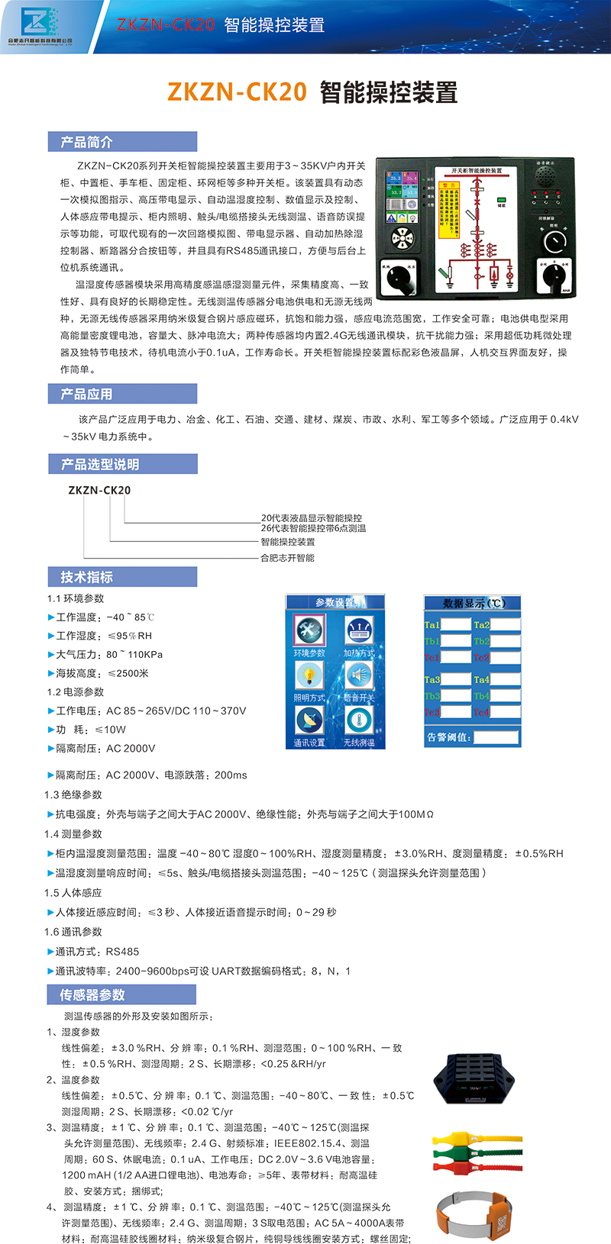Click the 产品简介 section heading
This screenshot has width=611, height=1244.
coord(87,142)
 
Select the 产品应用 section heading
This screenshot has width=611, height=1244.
coord(87,394)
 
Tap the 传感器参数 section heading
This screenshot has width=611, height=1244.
coord(92,995)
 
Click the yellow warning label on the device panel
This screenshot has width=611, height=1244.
coord(450,205)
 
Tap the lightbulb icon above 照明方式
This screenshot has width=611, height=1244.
coord(309,675)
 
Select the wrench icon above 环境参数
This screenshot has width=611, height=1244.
coord(309,630)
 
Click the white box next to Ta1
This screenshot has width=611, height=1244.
coord(456,625)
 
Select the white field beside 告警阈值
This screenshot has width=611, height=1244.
coord(496,737)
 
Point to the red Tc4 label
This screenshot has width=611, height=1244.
coord(481,712)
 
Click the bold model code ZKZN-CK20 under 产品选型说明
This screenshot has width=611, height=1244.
coord(99,490)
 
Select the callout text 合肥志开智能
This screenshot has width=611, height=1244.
coord(288,558)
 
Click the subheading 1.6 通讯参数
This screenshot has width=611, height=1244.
coord(73,932)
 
